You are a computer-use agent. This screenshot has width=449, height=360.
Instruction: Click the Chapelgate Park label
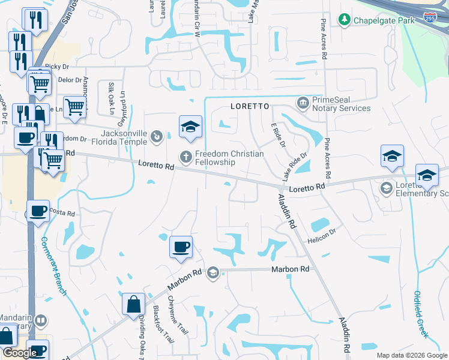(384, 21)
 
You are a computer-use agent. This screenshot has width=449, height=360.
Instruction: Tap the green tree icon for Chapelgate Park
(345, 21)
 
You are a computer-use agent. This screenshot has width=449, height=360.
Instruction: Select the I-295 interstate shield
(430, 17)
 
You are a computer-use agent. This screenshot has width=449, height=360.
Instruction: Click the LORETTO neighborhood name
(247, 106)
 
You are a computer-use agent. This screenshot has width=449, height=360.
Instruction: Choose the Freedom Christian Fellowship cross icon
(186, 157)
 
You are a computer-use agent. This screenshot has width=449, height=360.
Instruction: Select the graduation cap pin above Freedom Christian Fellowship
(190, 127)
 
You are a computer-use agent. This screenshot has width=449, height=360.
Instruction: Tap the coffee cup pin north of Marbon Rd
(181, 247)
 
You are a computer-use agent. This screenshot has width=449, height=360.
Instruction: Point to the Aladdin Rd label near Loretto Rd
(289, 210)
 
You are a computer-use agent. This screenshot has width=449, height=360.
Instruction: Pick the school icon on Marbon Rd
(212, 274)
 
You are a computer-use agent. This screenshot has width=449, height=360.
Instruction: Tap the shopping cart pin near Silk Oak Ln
(74, 107)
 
